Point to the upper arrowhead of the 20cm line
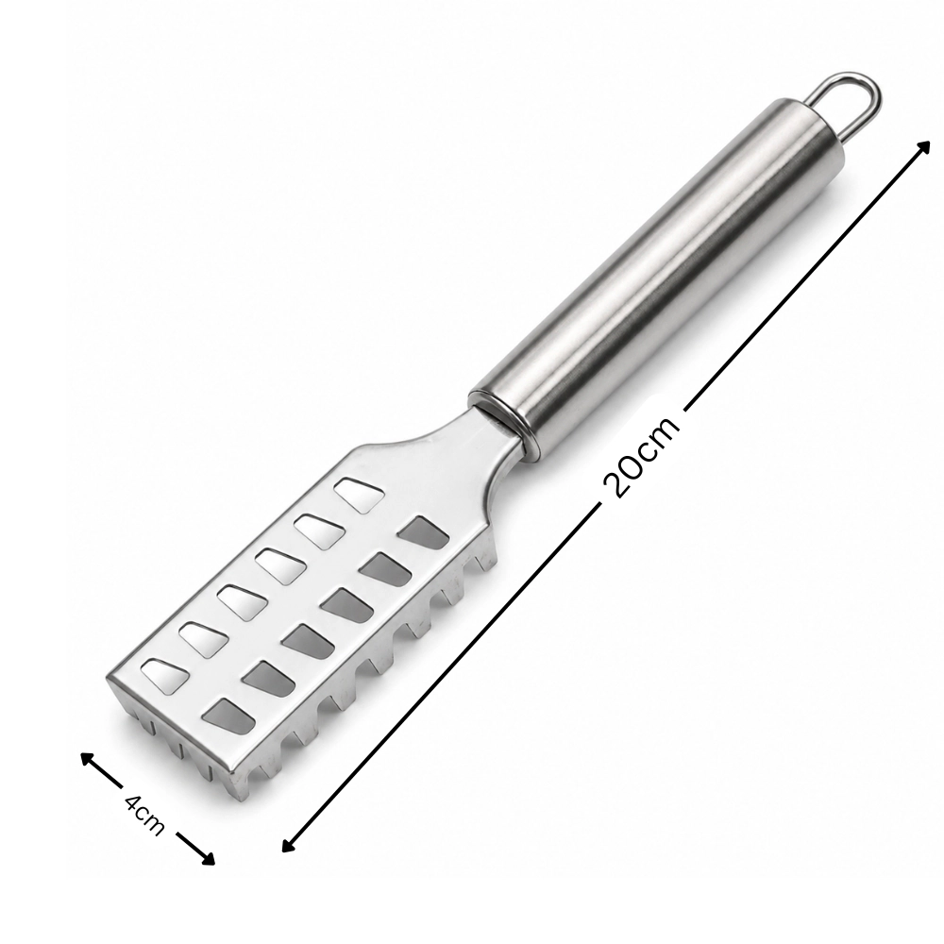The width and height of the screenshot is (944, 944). [x=923, y=148]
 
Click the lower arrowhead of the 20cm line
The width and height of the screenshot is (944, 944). [x=289, y=844]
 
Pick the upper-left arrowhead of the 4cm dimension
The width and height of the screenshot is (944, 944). [x=88, y=760]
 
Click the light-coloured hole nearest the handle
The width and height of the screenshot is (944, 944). [x=360, y=495]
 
